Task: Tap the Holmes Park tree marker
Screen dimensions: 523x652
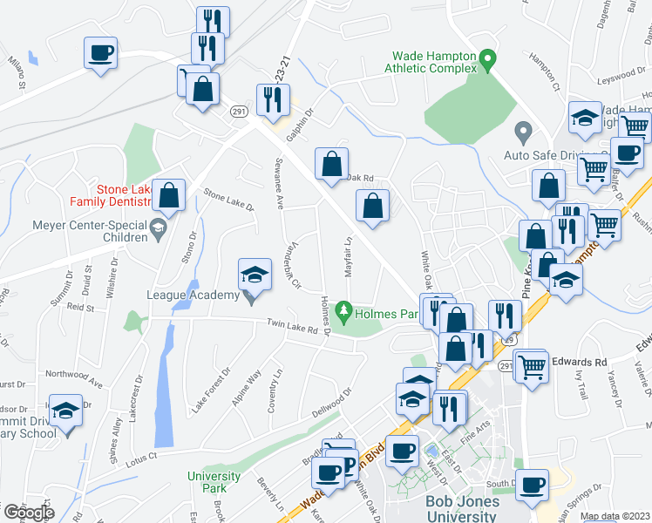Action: [x=345, y=310]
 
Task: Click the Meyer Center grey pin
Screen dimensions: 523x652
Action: [x=157, y=230]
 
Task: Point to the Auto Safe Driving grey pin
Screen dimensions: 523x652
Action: [x=523, y=133]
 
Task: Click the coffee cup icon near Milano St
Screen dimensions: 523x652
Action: [x=101, y=52]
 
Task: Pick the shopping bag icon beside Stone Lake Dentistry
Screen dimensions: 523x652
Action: [x=169, y=195]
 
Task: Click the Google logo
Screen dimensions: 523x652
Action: [x=28, y=513]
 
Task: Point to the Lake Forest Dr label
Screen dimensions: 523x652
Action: [x=211, y=389]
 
